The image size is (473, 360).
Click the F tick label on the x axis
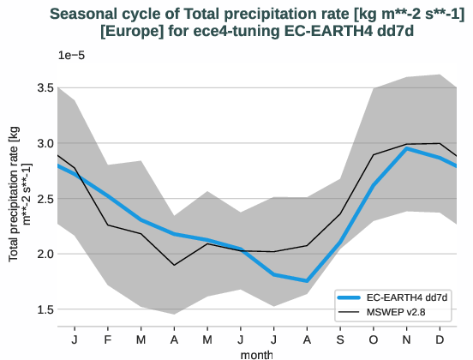click(x=108, y=339)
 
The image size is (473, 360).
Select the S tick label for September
click(x=340, y=339)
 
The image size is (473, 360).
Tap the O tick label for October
click(x=374, y=339)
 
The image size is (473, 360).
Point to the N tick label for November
click(x=407, y=339)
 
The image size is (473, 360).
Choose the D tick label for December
click(x=440, y=339)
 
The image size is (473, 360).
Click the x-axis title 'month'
click(x=257, y=353)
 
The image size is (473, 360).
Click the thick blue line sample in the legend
click(x=354, y=297)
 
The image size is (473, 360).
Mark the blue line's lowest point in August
click(x=307, y=280)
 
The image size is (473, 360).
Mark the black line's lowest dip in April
click(x=174, y=265)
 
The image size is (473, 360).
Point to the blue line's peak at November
click(x=407, y=149)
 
